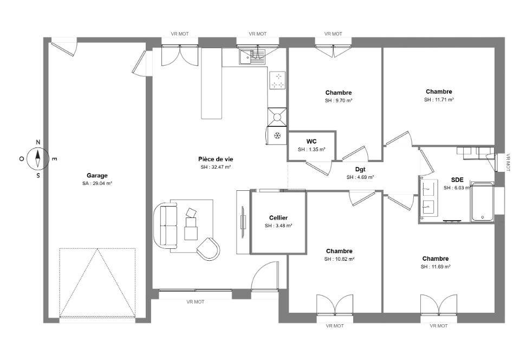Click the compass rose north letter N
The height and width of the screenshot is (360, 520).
click(38, 143)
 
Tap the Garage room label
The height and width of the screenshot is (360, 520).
click(97, 176)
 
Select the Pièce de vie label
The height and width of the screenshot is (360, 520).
click(216, 159)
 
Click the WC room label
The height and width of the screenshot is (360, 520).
click(311, 142)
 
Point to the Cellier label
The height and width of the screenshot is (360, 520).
click(278, 217)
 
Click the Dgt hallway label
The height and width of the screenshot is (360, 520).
click(360, 170)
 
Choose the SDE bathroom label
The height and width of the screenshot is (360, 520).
click(457, 180)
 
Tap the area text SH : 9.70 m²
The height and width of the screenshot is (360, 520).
click(338, 100)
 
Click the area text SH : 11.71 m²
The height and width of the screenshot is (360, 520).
click(439, 100)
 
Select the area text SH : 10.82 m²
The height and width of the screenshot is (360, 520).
click(339, 259)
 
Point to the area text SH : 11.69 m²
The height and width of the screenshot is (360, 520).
click(435, 267)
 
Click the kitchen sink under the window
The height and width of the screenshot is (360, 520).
click(251, 56)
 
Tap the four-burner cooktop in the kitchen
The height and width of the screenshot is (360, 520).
click(277, 81)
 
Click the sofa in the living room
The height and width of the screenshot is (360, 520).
click(166, 226)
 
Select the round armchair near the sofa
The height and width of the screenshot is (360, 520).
click(209, 248)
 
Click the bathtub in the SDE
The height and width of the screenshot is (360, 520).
click(483, 201)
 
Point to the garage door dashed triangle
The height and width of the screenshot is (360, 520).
click(97, 282)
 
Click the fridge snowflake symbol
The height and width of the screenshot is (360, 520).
click(277, 136)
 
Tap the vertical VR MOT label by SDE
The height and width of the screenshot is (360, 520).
click(508, 163)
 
